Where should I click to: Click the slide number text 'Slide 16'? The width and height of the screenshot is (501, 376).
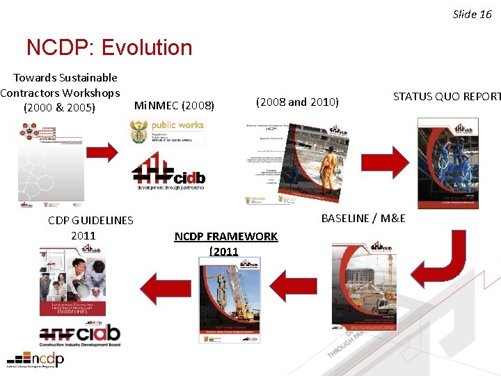pos(472,14)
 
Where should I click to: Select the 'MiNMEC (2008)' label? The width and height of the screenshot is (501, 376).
pos(174,106)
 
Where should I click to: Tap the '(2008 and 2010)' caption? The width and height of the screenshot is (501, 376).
pos(297,102)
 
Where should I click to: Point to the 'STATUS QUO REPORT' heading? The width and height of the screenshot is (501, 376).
pos(446,97)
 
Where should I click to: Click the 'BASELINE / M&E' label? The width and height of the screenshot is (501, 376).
pos(363,218)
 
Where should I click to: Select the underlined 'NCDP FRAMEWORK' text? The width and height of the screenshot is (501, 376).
pos(225,237)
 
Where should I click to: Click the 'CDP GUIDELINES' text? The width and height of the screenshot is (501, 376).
pos(90,220)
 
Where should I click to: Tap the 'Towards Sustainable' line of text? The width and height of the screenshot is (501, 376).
pos(65,77)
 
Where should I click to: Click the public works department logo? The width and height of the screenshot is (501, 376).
pos(167,131)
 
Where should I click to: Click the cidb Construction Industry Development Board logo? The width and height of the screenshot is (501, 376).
pos(79,335)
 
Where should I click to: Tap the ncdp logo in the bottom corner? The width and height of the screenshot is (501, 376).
pos(36,360)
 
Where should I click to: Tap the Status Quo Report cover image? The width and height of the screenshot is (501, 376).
pos(447,163)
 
